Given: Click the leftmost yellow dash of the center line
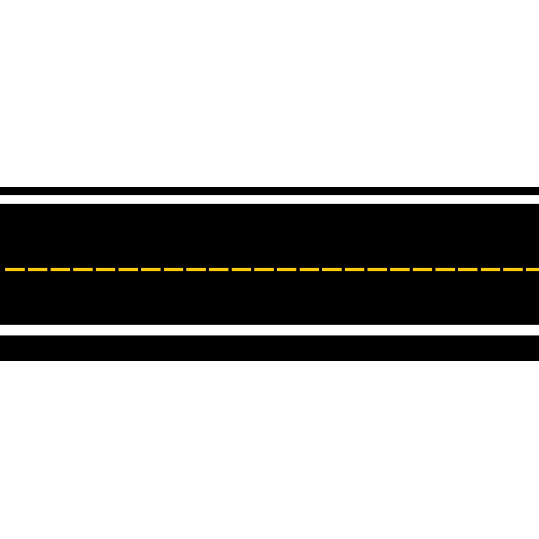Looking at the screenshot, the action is pos(15,269).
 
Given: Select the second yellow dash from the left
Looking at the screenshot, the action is pos(38,269).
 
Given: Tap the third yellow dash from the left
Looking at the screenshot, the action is pos(60,269).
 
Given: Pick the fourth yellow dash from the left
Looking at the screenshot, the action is pos(83,269).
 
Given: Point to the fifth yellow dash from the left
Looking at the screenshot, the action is pos(106,269).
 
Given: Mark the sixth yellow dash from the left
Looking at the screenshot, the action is pos(128,269).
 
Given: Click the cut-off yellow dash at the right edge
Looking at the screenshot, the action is pos(533,269).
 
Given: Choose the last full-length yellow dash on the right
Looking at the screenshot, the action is pos(513,269).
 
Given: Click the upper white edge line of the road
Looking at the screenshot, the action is pos(269,199).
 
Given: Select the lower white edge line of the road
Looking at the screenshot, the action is pos(269,330).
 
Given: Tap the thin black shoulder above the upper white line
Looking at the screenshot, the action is pos(269,191).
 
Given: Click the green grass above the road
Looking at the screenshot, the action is pos(269,93).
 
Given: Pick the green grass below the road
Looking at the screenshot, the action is pos(269,449).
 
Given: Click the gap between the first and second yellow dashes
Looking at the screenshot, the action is pos(26,269).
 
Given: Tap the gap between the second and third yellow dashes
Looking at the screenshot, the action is pos(49,269).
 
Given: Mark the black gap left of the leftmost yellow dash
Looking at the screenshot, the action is pos(2,269).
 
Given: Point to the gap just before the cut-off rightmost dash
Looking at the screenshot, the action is pos(524,269).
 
